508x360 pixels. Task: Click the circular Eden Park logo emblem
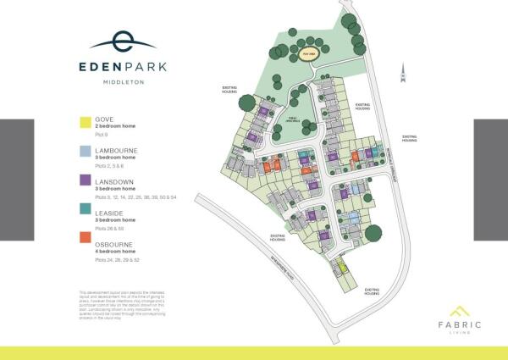[122, 39]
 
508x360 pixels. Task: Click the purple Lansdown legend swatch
[83, 180]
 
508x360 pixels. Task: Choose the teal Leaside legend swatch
[83, 209]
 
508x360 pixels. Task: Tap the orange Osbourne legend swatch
[83, 238]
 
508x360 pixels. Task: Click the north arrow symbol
[404, 74]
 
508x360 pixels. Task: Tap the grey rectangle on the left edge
[16, 180]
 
